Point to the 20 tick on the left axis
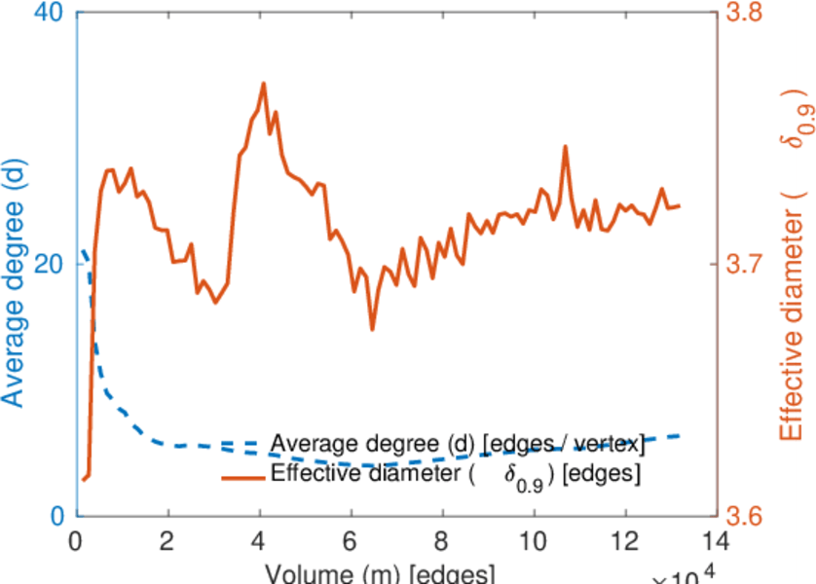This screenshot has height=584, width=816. click(x=49, y=265)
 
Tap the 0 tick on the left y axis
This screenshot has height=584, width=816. click(x=56, y=515)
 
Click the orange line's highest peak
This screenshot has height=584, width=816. click(x=263, y=84)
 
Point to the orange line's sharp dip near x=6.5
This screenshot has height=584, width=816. click(x=372, y=329)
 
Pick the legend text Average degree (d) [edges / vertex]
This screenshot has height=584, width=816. click(x=458, y=445)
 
